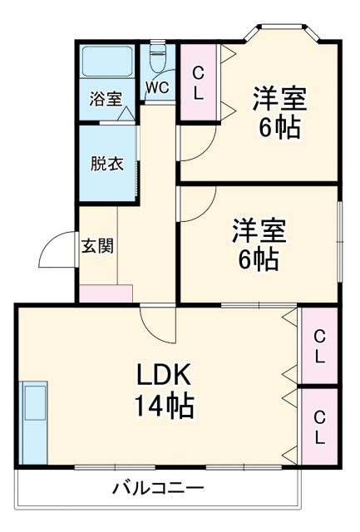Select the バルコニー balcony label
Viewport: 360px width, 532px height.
click(x=158, y=488)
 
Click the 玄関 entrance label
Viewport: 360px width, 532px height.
click(x=97, y=246)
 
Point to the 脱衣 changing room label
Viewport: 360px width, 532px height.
click(x=107, y=162)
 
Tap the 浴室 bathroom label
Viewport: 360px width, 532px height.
click(x=105, y=98)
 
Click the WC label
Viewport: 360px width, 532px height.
click(x=158, y=86)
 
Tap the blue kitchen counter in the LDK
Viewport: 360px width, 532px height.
click(x=35, y=422)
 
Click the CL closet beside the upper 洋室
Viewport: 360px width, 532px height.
click(x=199, y=82)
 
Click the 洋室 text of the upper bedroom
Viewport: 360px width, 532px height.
click(x=279, y=97)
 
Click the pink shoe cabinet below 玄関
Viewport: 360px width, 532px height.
click(x=106, y=293)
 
